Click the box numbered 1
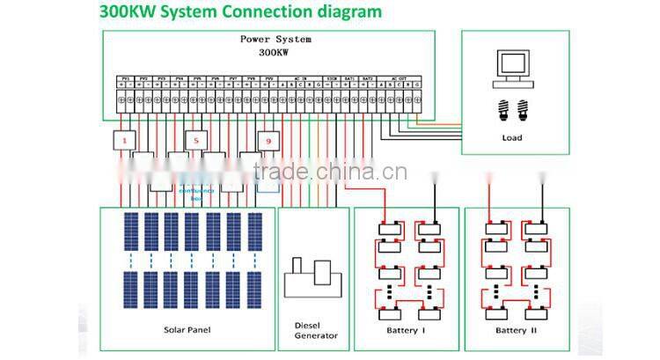coord(124,141)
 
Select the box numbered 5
coord(196,141)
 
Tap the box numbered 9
coord(269,141)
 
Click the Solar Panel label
coord(187,330)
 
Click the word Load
coord(512,137)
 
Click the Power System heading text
coord(275,40)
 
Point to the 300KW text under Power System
coord(275,52)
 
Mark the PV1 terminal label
coord(126,79)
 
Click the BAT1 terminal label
coord(349,79)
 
